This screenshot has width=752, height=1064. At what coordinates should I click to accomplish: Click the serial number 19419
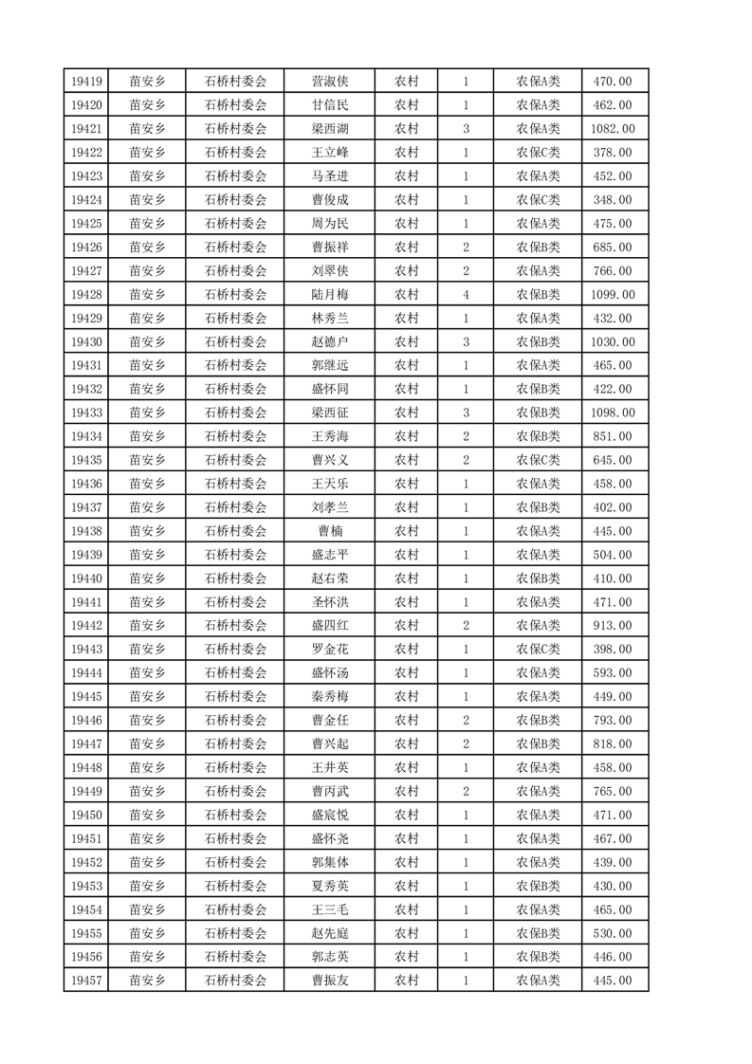point(86,82)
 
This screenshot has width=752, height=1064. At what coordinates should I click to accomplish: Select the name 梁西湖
point(330,129)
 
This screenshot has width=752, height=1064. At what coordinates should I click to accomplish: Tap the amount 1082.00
point(613,129)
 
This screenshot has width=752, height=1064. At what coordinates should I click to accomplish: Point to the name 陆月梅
point(330,295)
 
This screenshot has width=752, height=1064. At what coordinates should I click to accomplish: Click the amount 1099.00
point(613,295)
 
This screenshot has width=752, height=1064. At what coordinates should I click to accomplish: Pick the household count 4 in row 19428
point(466,295)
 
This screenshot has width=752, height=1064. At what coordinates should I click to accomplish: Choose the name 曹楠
point(330,531)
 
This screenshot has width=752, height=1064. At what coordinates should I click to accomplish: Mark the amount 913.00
point(613,626)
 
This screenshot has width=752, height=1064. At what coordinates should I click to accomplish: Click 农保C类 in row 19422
point(538,153)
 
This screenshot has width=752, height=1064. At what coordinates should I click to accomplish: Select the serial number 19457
point(86,981)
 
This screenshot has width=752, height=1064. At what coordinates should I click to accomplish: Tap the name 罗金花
point(330,650)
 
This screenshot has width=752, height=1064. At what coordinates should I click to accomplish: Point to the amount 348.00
point(613,200)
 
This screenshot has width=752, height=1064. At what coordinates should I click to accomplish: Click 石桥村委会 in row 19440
point(236,578)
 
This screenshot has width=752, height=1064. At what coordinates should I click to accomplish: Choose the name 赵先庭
point(330,933)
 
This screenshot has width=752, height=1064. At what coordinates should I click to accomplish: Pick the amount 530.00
point(613,933)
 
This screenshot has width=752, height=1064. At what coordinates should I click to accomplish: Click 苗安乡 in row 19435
point(147,460)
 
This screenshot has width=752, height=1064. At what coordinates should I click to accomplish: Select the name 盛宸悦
point(330,815)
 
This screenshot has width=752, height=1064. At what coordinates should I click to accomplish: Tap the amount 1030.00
point(613,342)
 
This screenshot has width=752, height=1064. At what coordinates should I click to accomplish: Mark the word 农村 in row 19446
point(407,721)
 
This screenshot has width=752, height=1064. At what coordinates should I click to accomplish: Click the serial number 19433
point(86,413)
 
